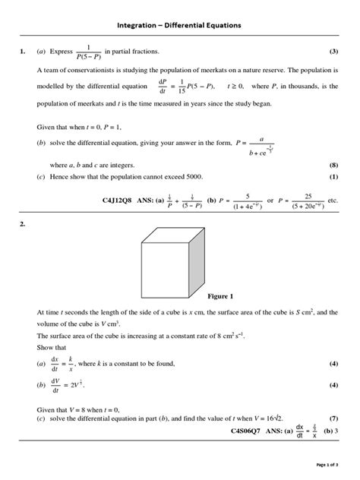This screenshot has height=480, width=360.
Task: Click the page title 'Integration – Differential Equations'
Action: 179,25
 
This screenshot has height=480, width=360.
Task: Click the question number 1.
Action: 23,52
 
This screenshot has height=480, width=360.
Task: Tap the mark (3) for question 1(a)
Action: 333,52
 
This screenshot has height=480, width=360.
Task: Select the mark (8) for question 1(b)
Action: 333,165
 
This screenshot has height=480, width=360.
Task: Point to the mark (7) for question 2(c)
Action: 333,418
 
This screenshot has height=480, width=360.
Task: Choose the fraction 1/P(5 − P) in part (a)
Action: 89,52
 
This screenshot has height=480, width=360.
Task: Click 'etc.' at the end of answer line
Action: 332,201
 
